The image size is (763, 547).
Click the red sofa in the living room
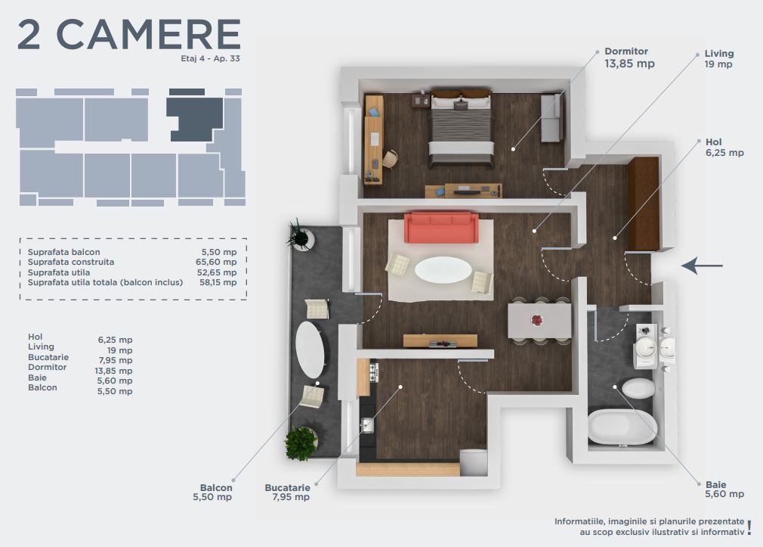(441, 228)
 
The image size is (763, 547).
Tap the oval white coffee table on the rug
(443, 270)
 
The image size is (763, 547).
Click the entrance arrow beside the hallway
(703, 266)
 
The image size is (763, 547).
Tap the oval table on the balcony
(310, 350)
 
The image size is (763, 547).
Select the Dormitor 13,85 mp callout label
(629, 58)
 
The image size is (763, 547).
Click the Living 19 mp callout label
(718, 59)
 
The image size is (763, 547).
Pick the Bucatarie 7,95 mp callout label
(287, 493)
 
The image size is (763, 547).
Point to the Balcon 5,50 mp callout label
(216, 493)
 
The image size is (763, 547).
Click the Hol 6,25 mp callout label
(724, 147)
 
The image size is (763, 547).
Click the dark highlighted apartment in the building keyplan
(195, 118)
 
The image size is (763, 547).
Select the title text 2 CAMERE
(128, 35)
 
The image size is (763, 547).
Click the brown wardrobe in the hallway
(643, 204)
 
